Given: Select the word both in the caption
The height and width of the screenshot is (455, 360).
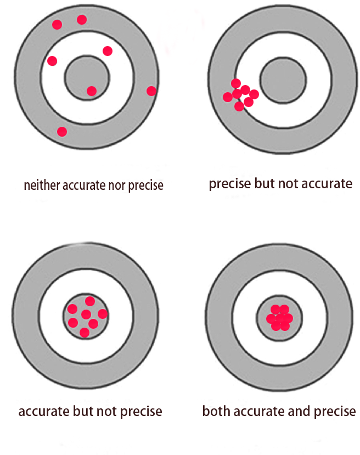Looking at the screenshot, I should point(214,411).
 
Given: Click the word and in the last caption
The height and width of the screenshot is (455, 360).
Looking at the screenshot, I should point(296,411).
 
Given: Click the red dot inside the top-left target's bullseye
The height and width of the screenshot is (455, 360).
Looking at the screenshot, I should point(92,91).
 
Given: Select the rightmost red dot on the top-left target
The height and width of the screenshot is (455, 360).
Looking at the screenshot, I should point(151,91).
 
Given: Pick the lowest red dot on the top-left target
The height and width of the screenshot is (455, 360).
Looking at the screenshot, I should point(62,132).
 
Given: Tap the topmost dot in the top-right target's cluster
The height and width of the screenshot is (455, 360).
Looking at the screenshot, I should point(236,83).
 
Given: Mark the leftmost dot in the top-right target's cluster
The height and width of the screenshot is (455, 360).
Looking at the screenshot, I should point(227,97).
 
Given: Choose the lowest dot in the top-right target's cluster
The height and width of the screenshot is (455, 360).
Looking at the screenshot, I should point(239,106).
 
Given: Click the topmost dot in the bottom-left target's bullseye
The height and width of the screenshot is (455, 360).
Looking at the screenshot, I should point(90,301).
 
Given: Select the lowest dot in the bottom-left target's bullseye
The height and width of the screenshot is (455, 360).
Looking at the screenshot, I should point(85,332).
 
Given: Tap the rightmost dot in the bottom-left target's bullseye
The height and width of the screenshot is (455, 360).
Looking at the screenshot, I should point(103,314).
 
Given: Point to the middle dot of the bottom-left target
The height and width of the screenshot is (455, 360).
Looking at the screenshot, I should point(86,314).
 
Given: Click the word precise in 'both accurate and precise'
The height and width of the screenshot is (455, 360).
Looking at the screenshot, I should point(334,411).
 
